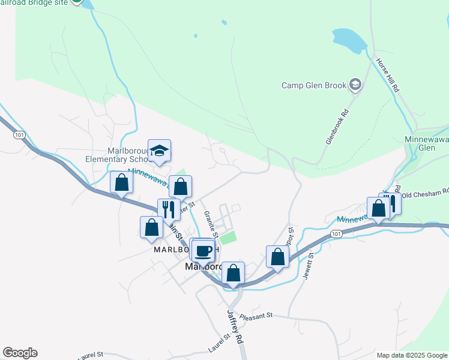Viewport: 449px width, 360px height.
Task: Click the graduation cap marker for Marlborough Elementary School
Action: [x=160, y=151]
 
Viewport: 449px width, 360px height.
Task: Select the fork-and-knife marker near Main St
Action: [x=169, y=209]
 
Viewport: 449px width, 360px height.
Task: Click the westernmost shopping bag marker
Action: [x=121, y=182]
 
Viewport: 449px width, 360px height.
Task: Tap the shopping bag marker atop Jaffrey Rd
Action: [x=233, y=273]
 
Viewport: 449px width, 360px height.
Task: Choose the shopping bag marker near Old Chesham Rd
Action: [x=378, y=208]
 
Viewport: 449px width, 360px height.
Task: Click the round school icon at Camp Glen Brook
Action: [x=355, y=85]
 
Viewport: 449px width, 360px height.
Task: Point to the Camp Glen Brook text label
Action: [x=314, y=85]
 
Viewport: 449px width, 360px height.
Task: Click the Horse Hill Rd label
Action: [x=388, y=74]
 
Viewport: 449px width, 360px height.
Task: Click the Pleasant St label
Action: [x=256, y=315]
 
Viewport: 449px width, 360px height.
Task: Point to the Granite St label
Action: [x=209, y=221]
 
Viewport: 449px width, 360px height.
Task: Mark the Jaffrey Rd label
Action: [x=235, y=326]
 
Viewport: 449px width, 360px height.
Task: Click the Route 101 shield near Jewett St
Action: [x=336, y=234]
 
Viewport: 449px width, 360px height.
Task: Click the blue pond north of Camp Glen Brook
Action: [x=350, y=40]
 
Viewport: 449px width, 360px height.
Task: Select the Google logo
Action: [x=20, y=353]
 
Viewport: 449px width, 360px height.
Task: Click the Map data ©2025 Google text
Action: [x=412, y=355]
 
